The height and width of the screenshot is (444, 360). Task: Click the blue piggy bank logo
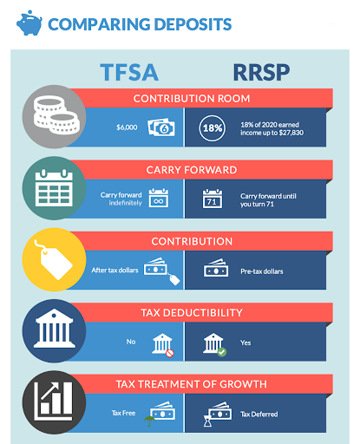click(29, 23)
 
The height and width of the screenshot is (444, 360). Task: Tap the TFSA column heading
click(129, 72)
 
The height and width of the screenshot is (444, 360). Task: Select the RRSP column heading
click(261, 72)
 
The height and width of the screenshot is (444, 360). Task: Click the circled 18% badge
click(213, 128)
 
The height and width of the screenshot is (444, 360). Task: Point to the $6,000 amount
click(127, 127)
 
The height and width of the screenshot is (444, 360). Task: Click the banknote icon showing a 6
click(161, 127)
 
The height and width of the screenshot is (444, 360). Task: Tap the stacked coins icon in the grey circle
click(56, 115)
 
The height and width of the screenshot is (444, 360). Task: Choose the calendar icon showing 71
click(213, 199)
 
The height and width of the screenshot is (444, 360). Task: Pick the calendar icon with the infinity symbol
click(159, 198)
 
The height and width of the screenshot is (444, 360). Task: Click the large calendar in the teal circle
click(54, 188)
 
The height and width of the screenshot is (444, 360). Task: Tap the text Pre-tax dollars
click(262, 271)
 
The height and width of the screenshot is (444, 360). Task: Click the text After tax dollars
click(115, 271)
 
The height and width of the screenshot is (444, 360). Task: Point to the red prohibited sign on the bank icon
click(170, 353)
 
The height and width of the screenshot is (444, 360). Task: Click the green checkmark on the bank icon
click(222, 352)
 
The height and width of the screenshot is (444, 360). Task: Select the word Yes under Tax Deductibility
click(245, 343)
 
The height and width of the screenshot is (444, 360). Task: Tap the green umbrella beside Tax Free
click(149, 421)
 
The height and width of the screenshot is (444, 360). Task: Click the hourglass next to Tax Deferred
click(207, 421)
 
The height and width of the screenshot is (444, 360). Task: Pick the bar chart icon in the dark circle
click(54, 402)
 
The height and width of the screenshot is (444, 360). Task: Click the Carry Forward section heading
click(192, 170)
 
